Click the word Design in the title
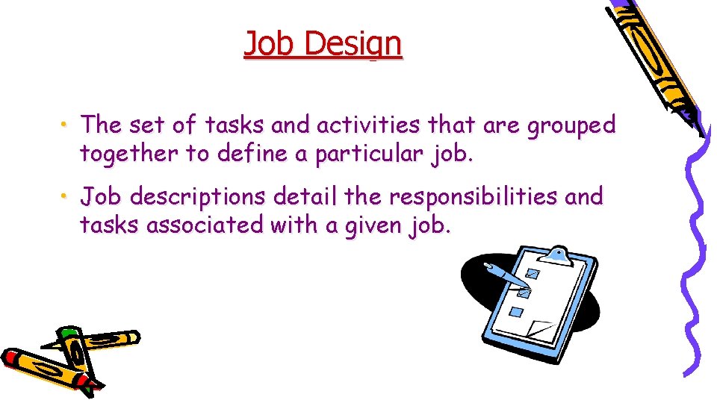(x=354, y=45)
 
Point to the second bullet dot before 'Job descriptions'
(x=66, y=195)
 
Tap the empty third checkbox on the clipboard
(x=516, y=311)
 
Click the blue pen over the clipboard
(x=508, y=278)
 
